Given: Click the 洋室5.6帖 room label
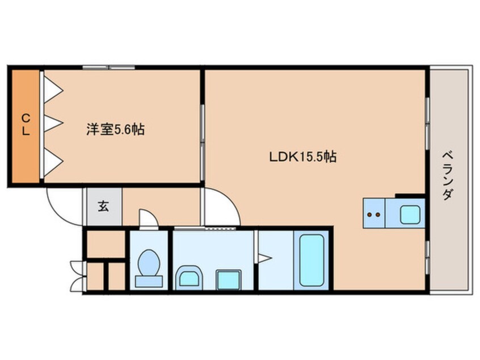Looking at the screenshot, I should (115, 129).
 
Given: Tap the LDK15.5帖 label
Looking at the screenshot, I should (303, 156).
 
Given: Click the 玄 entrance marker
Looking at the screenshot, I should (104, 206).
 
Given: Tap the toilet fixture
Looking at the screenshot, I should (149, 267).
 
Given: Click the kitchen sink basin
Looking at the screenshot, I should (409, 214).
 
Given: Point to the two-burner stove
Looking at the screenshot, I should (374, 214).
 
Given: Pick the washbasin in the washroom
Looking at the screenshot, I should (188, 278).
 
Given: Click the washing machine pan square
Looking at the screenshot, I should (229, 279).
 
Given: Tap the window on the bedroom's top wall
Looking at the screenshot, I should (108, 68).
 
